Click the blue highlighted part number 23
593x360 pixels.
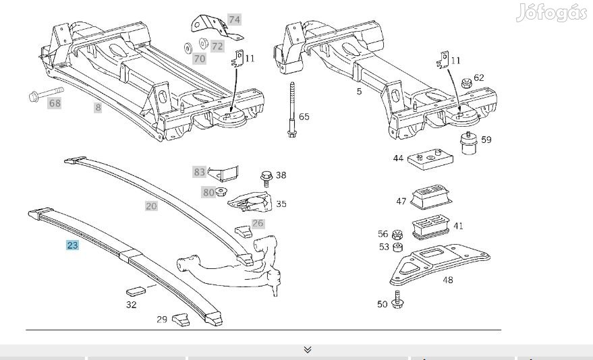click(72, 245)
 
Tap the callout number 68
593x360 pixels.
click(55, 103)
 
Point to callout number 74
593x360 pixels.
click(234, 19)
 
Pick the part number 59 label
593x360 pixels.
click(486, 140)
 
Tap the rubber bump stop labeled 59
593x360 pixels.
click(465, 144)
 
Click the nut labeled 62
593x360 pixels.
click(465, 84)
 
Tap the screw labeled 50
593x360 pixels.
click(397, 299)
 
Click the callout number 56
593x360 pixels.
click(383, 234)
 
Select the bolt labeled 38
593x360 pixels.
click(266, 178)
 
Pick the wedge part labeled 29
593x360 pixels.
click(180, 319)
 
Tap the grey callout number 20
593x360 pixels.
click(151, 206)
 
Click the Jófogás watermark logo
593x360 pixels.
click(551, 13)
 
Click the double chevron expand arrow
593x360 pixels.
click(308, 349)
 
